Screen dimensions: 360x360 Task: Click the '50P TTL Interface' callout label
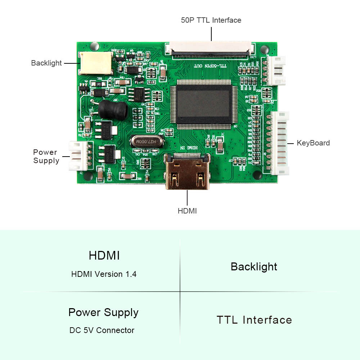click(x=211, y=20)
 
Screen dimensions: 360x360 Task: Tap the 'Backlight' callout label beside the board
click(x=46, y=63)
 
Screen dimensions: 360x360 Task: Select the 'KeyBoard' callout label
click(x=313, y=143)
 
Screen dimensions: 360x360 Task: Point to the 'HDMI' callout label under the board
click(x=187, y=211)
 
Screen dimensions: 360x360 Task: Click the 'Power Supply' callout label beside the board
click(x=46, y=156)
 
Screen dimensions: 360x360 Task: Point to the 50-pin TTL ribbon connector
click(x=210, y=50)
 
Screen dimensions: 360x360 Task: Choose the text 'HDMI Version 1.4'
click(x=104, y=274)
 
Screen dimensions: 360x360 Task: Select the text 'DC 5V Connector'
click(x=102, y=330)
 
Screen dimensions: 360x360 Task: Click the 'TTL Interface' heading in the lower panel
click(x=254, y=320)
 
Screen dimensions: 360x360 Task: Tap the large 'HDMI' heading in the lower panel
click(x=104, y=255)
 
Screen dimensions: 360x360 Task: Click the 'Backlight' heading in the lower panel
click(x=254, y=267)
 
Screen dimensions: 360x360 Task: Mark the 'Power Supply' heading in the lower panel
click(x=103, y=312)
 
